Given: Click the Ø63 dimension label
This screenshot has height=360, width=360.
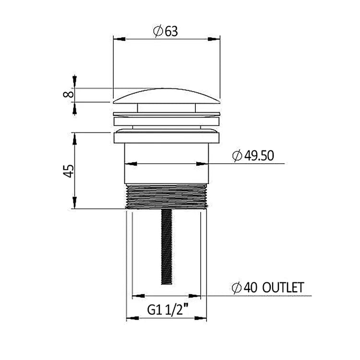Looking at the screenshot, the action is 165,31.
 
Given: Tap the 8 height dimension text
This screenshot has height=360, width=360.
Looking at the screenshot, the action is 69,94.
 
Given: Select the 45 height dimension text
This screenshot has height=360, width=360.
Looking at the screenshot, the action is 69,171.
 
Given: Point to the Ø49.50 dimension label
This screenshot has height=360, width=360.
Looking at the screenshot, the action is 253,156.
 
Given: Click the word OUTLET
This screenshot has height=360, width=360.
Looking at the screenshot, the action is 283,287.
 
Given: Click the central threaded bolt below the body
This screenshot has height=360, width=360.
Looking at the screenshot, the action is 167,247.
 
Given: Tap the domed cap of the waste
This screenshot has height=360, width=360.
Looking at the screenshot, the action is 167,96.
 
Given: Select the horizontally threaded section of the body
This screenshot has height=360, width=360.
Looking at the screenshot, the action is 167,196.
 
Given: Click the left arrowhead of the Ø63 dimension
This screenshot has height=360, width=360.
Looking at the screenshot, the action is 120,39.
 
